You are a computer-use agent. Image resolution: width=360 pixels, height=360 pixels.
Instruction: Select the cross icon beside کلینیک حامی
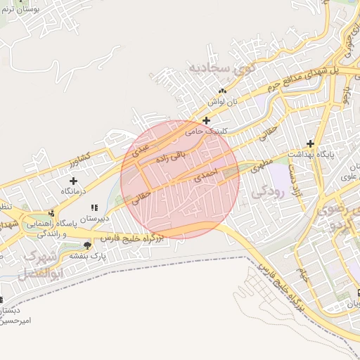(206, 120)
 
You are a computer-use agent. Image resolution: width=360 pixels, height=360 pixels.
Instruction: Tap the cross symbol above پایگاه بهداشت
(310, 143)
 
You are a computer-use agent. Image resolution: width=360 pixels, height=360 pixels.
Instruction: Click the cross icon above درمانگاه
(73, 181)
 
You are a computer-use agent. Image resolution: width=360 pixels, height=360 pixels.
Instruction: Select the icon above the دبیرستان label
(95, 208)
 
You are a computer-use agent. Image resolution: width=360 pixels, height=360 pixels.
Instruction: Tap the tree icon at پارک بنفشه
(86, 245)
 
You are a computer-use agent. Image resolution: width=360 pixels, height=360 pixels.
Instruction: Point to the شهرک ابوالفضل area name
(39, 263)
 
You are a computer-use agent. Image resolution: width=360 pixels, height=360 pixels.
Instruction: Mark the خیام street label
(304, 276)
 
